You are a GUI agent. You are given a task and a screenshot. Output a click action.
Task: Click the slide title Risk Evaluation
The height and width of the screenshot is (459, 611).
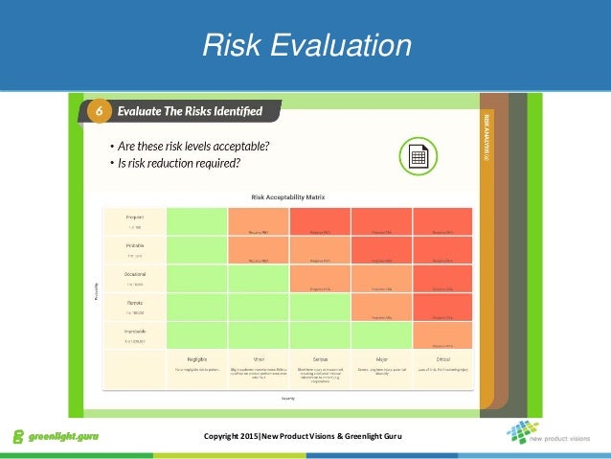(305, 45)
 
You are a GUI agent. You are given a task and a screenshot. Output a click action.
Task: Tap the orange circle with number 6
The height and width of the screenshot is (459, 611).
(98, 112)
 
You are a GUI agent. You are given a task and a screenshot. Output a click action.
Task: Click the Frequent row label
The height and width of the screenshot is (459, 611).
(134, 217)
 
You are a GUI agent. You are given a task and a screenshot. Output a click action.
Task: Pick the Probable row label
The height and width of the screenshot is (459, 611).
(134, 244)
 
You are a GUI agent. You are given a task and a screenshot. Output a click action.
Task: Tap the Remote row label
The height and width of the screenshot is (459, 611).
(134, 302)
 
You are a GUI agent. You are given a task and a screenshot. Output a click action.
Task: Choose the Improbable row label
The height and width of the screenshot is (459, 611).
(134, 331)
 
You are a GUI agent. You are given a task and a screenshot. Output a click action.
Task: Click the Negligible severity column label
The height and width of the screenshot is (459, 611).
(196, 357)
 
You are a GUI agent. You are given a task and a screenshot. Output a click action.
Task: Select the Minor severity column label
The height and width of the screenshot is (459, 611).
(259, 357)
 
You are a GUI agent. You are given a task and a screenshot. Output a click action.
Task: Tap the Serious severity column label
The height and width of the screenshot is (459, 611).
(321, 357)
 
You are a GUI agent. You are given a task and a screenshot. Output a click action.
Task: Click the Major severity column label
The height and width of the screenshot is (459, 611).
(382, 357)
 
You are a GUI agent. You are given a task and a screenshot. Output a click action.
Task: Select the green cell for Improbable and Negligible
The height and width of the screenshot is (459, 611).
(196, 333)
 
